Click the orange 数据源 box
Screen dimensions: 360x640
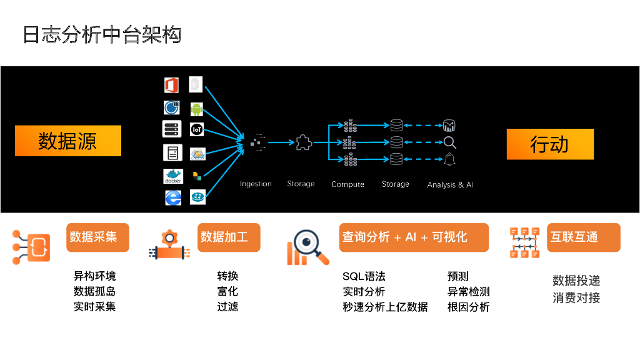[67, 141]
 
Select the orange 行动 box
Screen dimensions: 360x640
[550, 144]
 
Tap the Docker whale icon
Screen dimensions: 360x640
[172, 176]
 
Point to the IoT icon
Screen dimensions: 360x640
[197, 130]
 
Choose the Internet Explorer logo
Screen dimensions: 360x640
[172, 197]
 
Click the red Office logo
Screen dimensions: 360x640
[172, 85]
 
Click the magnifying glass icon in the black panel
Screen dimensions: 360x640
[449, 142]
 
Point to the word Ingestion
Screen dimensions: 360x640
[256, 184]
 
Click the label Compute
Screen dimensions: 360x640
[347, 184]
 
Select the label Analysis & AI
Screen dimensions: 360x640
[450, 185]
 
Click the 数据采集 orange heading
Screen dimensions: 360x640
[97, 237]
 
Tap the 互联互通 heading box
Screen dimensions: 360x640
[583, 237]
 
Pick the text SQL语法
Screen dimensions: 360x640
[364, 276]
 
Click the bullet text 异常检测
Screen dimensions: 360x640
[468, 292]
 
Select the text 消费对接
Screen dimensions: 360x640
[576, 298]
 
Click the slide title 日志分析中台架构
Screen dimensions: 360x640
[102, 34]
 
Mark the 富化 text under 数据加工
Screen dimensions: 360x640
[227, 292]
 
